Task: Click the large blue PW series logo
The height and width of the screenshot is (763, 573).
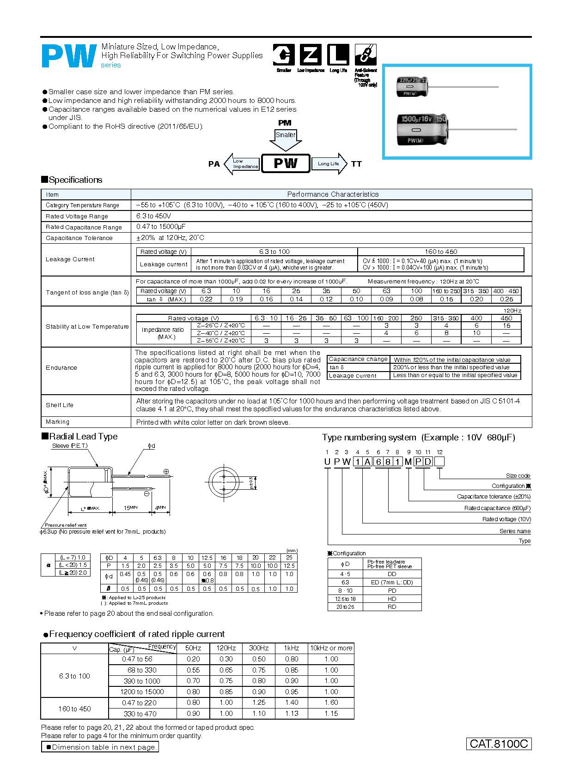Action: click(x=69, y=56)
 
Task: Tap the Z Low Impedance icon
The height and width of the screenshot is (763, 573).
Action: click(x=311, y=55)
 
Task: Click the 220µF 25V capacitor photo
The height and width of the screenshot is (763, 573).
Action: click(x=412, y=87)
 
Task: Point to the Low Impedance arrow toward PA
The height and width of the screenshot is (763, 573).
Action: click(x=241, y=164)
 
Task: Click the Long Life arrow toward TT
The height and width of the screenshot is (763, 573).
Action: click(x=329, y=164)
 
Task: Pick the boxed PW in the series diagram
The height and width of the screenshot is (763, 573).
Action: click(x=286, y=163)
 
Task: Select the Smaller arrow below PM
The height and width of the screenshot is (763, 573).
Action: click(x=286, y=139)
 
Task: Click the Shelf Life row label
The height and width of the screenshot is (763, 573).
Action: click(x=60, y=405)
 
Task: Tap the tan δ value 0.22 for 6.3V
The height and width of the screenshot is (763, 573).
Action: click(x=206, y=299)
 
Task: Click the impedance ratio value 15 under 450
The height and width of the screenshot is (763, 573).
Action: click(x=506, y=325)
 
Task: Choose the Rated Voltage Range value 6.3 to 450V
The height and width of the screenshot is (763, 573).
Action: click(x=154, y=216)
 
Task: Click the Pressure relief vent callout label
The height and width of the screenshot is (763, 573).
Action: click(x=66, y=525)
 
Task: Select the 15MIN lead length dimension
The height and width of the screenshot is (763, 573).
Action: click(x=130, y=508)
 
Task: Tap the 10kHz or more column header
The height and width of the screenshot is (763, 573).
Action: click(x=331, y=648)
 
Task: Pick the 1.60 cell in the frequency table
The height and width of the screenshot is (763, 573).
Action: click(x=331, y=703)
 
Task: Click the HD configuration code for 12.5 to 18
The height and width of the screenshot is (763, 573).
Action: click(x=392, y=599)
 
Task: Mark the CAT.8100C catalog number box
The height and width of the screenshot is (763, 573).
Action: click(x=499, y=744)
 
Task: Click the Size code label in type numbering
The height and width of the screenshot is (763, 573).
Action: click(x=518, y=475)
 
